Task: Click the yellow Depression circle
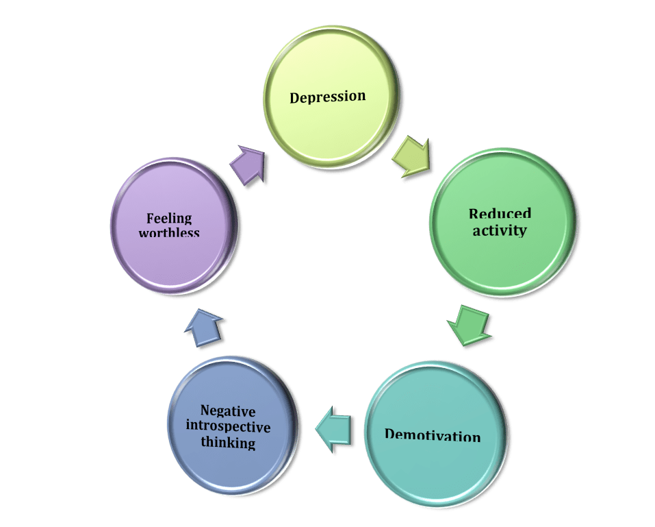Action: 329,123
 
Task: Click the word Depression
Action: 328,97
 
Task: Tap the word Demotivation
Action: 433,436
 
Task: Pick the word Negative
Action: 228,411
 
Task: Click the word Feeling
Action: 169,219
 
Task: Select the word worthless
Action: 169,233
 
